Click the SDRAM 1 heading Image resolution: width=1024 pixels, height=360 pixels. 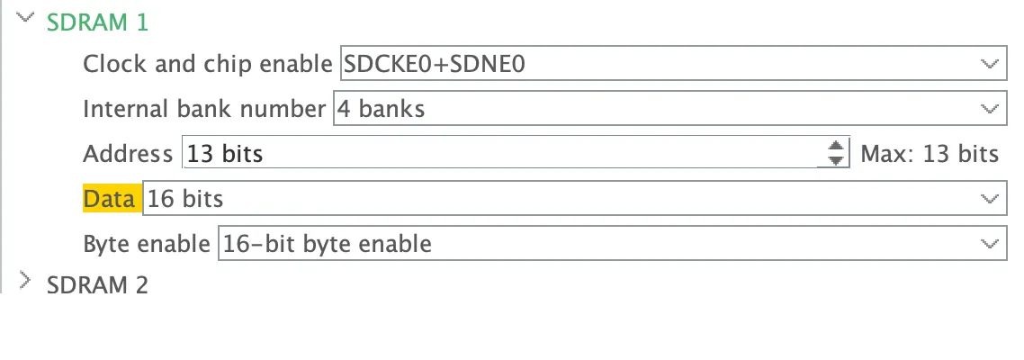pyautogui.click(x=97, y=22)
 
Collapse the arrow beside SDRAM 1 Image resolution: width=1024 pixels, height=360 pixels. pyautogui.click(x=25, y=18)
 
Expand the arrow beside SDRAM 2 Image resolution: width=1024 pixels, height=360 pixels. pyautogui.click(x=25, y=280)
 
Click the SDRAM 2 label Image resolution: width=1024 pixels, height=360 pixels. pyautogui.click(x=97, y=285)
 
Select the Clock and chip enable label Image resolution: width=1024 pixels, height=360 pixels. pyautogui.click(x=208, y=64)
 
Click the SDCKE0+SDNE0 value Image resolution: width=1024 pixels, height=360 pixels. pyautogui.click(x=435, y=64)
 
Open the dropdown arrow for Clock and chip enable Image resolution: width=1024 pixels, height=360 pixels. pyautogui.click(x=990, y=64)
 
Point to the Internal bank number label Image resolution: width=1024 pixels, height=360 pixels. pyautogui.click(x=204, y=109)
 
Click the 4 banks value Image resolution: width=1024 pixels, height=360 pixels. pyautogui.click(x=381, y=109)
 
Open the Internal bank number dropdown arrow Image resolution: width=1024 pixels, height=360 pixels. pyautogui.click(x=990, y=109)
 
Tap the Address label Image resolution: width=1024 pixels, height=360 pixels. pyautogui.click(x=128, y=154)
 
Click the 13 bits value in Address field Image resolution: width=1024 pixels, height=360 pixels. pyautogui.click(x=225, y=154)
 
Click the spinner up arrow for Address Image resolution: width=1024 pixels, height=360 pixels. pyautogui.click(x=836, y=147)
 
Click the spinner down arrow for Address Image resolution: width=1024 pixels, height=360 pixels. pyautogui.click(x=836, y=160)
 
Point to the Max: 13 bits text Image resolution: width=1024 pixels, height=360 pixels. pyautogui.click(x=930, y=154)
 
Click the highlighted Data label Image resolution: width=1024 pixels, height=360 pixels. pyautogui.click(x=109, y=199)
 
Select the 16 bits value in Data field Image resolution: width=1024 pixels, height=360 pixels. pyautogui.click(x=185, y=199)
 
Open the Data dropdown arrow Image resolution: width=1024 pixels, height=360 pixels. pyautogui.click(x=990, y=199)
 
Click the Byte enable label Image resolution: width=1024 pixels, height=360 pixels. pyautogui.click(x=147, y=244)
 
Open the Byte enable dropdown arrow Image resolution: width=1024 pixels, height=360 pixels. pyautogui.click(x=990, y=244)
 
